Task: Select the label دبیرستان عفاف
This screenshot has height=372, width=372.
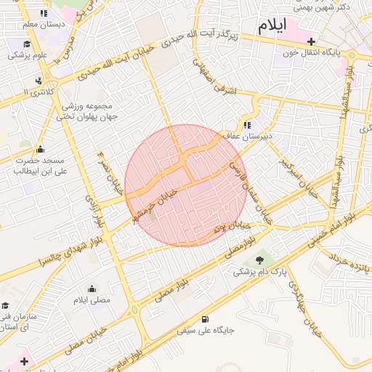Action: click(267, 134)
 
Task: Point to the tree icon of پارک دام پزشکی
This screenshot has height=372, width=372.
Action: click(259, 259)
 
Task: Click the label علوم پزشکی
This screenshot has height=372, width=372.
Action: click(28, 54)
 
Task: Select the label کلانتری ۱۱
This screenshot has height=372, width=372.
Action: click(34, 92)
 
